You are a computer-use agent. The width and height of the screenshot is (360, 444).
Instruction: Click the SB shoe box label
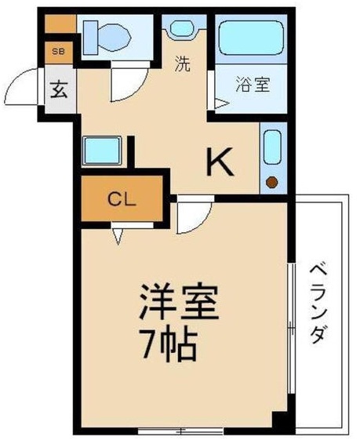tap(58, 52)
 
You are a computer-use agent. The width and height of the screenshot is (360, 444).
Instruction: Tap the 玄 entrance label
tap(59, 89)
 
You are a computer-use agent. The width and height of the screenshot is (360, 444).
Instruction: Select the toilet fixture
tap(107, 37)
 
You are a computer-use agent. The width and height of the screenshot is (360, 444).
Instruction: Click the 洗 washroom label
tap(182, 64)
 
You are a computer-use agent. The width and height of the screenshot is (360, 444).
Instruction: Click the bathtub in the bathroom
tap(251, 38)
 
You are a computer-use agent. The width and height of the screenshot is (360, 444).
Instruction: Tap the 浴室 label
tap(253, 85)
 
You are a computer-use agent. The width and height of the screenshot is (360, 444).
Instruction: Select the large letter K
tap(220, 162)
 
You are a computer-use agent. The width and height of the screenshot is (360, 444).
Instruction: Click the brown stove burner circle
tap(272, 182)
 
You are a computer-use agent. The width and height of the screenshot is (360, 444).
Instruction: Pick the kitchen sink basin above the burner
tap(272, 147)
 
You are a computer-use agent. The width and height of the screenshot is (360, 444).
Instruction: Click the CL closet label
tap(122, 200)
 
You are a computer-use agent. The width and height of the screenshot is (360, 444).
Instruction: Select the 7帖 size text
tap(169, 344)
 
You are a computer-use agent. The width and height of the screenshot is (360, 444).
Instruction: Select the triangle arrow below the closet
tap(117, 236)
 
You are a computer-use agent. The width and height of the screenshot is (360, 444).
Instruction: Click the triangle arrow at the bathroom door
tap(221, 104)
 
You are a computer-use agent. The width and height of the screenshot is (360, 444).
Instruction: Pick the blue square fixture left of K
tap(102, 151)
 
